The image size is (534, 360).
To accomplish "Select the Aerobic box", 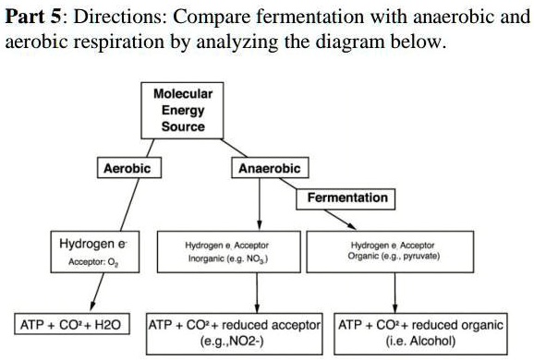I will click(126, 168).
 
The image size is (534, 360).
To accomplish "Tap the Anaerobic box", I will click(262, 169).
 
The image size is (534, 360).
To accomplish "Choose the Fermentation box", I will click(347, 198).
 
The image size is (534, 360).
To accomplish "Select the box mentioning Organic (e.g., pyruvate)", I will click(394, 252).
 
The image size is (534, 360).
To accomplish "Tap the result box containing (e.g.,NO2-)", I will click(236, 333).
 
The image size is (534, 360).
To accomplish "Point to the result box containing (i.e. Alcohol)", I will click(421, 333).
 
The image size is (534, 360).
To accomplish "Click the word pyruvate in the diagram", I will click(418, 258).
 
